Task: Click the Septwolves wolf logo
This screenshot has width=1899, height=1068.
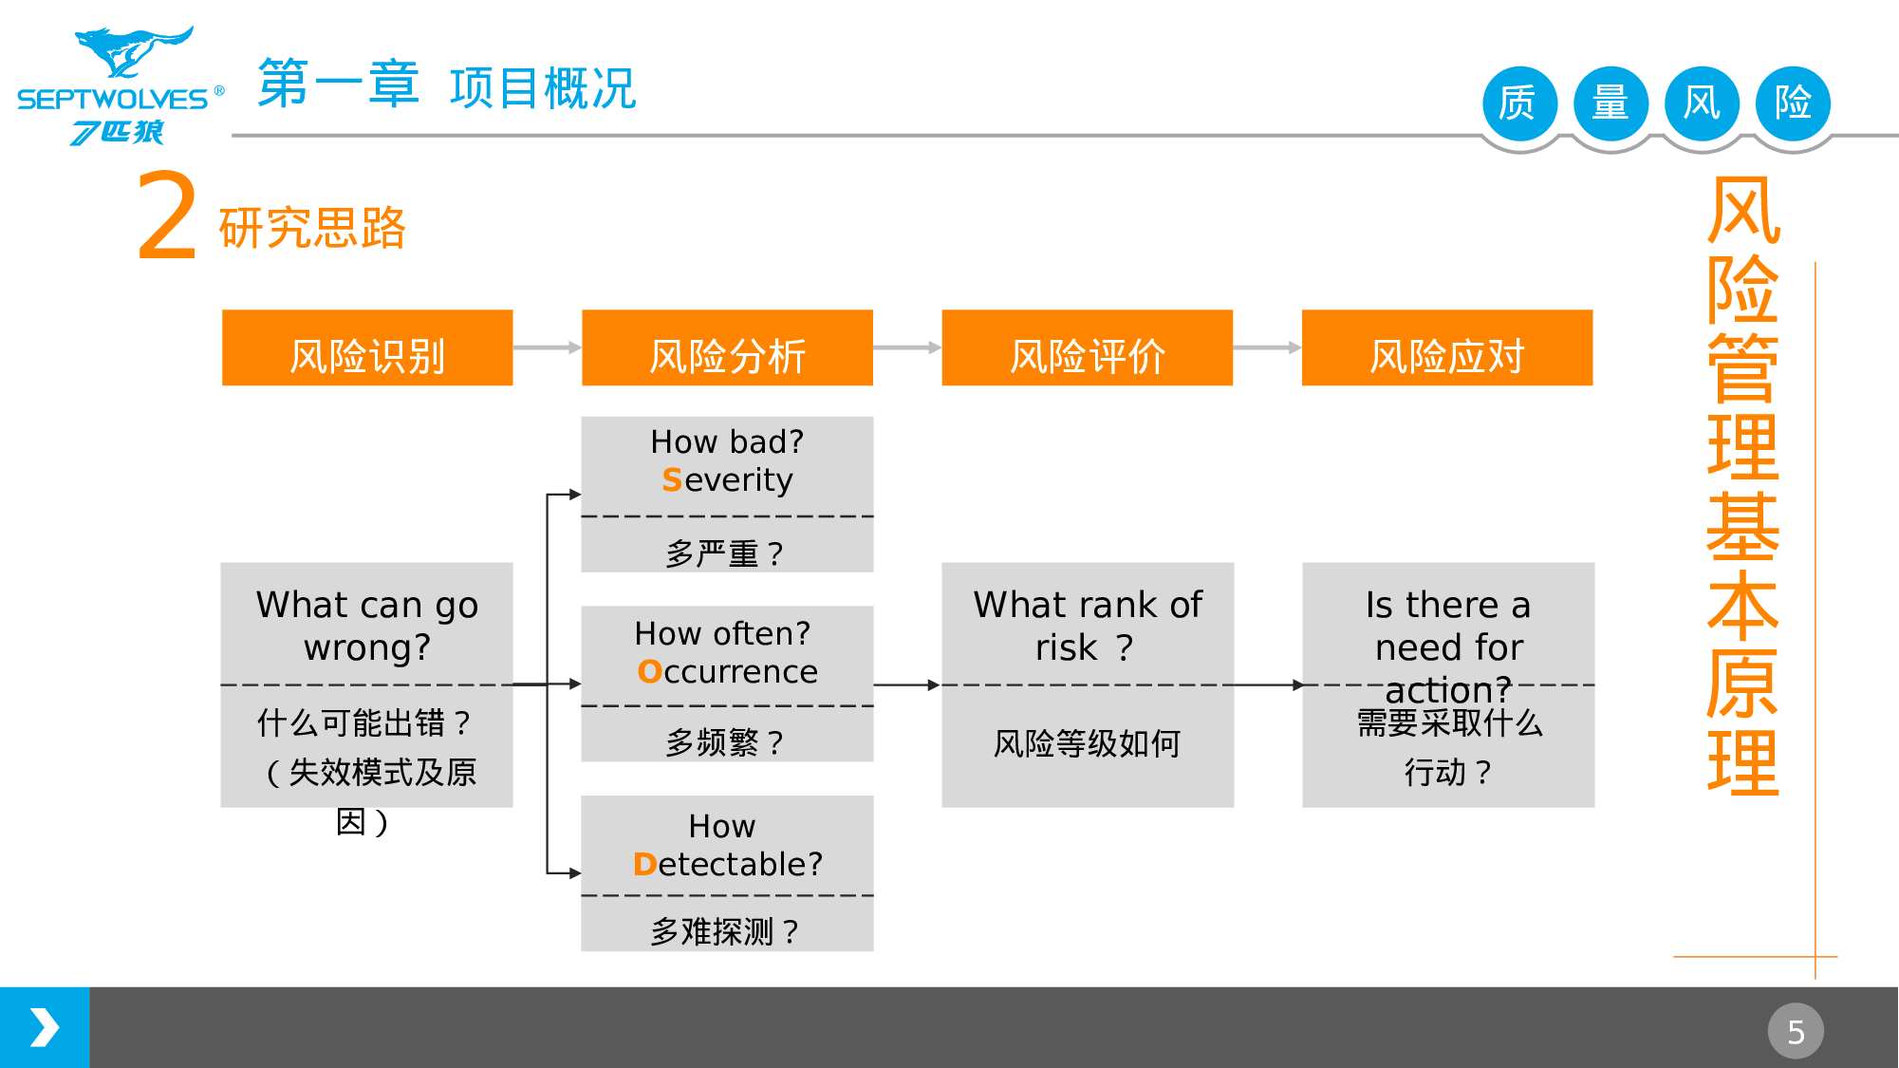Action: coord(133,53)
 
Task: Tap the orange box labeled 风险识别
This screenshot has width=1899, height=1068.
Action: coord(367,348)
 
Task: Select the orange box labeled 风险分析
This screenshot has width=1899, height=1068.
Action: coord(727,348)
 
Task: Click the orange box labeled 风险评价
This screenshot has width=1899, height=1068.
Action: coord(1087,348)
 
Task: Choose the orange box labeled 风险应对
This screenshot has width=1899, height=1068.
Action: coord(1446,348)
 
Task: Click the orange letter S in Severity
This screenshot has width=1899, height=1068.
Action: coord(672,480)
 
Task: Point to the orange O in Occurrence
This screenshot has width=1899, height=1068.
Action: coord(649,672)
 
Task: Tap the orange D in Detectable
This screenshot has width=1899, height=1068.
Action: coord(644,865)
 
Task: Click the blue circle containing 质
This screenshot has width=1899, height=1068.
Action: coord(1519,103)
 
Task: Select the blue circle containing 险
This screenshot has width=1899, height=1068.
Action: coord(1793,103)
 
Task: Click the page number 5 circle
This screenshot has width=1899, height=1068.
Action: coord(1795,1031)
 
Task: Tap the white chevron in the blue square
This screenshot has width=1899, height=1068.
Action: coord(45,1028)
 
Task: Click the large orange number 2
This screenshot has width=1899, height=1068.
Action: coord(167,218)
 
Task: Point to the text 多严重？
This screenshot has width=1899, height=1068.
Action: coord(726,553)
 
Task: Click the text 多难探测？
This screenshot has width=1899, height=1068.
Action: coord(726,932)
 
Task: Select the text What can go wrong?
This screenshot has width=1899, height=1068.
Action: coord(367,626)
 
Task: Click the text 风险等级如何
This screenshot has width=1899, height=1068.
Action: coord(1087,743)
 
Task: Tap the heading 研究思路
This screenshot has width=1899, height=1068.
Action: coord(312,229)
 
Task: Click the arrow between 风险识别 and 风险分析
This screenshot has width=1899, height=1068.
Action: coord(547,348)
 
